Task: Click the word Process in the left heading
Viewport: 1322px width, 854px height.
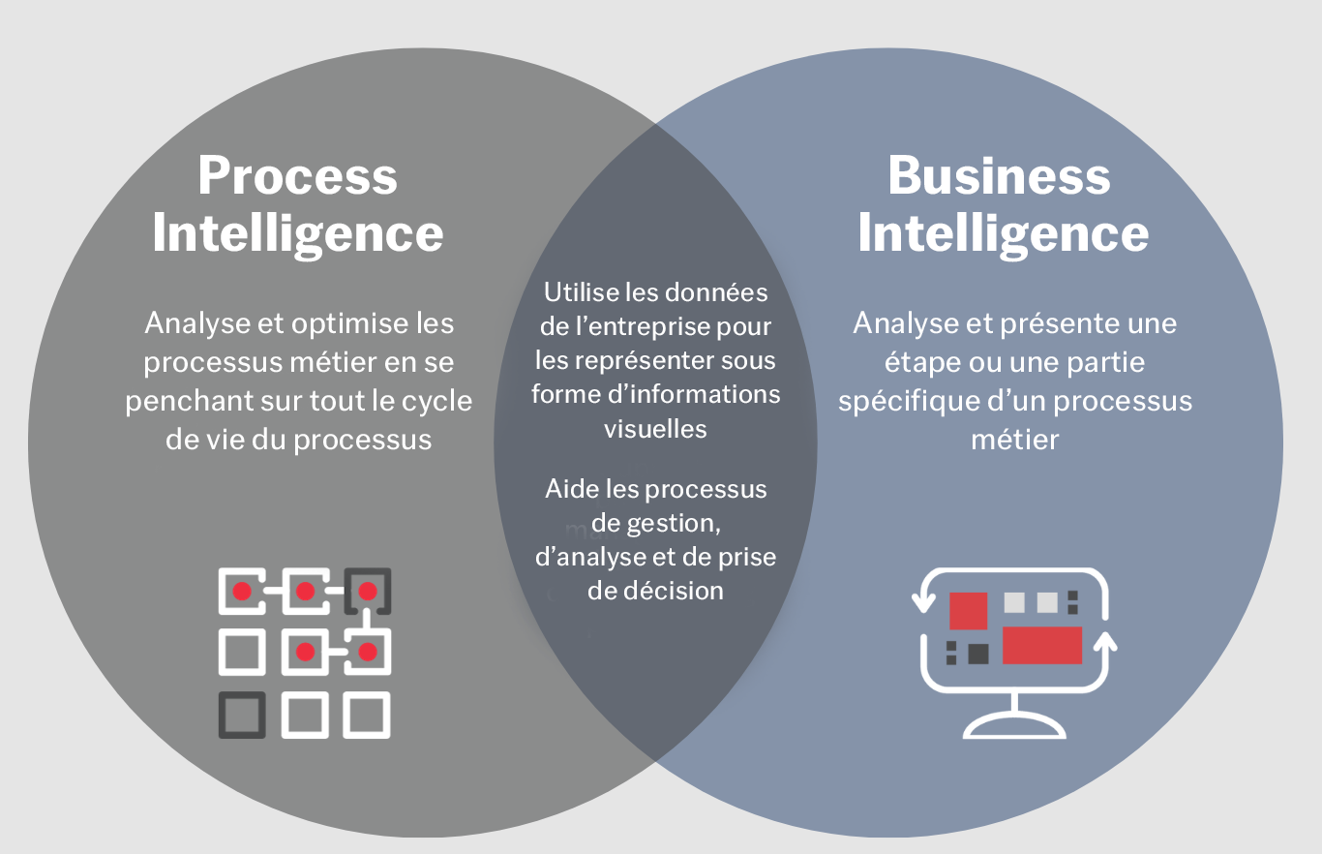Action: [x=297, y=176]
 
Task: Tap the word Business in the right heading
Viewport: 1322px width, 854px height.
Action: [x=998, y=176]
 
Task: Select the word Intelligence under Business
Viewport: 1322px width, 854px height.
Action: [x=1003, y=234]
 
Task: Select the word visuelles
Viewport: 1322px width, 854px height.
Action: [x=655, y=428]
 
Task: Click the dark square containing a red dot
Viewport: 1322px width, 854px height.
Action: [x=368, y=591]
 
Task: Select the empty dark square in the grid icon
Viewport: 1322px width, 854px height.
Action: [x=242, y=715]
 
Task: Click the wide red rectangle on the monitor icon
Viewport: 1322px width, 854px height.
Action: [x=1041, y=645]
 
